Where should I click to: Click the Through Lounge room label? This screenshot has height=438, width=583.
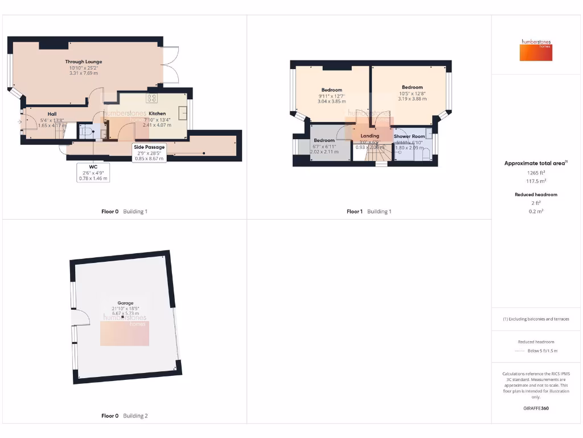83,62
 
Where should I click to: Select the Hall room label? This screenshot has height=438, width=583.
52,114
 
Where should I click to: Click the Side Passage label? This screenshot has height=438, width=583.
150,147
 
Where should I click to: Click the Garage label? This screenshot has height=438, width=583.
125,303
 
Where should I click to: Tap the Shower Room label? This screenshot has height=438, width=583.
409,136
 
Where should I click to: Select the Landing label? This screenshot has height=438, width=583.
370,136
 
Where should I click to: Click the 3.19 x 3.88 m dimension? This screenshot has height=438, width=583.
412,99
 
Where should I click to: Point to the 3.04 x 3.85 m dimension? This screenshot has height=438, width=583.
332,102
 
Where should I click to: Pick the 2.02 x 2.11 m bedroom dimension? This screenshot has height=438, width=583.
324,152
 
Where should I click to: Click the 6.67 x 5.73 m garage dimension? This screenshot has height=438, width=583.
125,314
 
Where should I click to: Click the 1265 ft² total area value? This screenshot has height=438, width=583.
535,172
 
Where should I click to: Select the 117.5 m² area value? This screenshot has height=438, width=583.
535,180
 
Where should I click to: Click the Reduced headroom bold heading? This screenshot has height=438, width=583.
535,194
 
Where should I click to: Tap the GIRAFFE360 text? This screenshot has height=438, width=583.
535,408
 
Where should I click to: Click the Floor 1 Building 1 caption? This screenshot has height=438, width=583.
369,212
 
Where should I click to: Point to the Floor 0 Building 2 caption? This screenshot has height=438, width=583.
124,416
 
